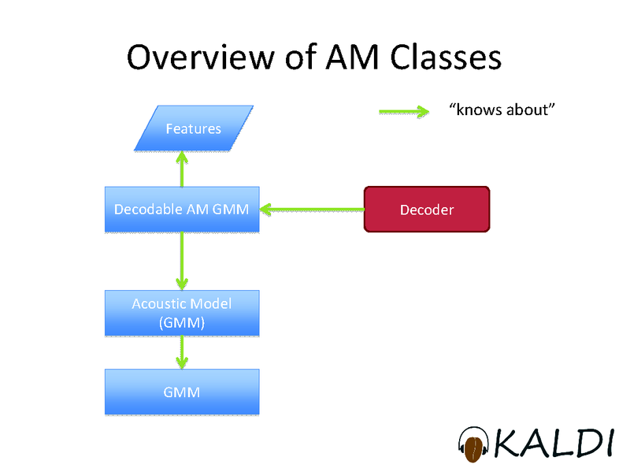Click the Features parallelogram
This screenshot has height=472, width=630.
click(x=193, y=128)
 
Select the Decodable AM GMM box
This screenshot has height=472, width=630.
click(x=182, y=210)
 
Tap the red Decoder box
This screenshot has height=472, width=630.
click(x=427, y=210)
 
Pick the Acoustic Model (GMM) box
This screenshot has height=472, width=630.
click(x=182, y=313)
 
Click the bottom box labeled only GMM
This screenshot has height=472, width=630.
click(x=182, y=392)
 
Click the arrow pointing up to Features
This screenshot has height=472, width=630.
click(x=182, y=169)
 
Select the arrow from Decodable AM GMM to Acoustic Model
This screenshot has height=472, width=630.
click(x=182, y=261)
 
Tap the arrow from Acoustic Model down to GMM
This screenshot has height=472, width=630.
click(x=182, y=352)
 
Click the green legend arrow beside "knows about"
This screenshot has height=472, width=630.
click(x=403, y=112)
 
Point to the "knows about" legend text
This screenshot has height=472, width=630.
click(x=497, y=110)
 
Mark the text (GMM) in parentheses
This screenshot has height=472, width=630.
click(x=182, y=322)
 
